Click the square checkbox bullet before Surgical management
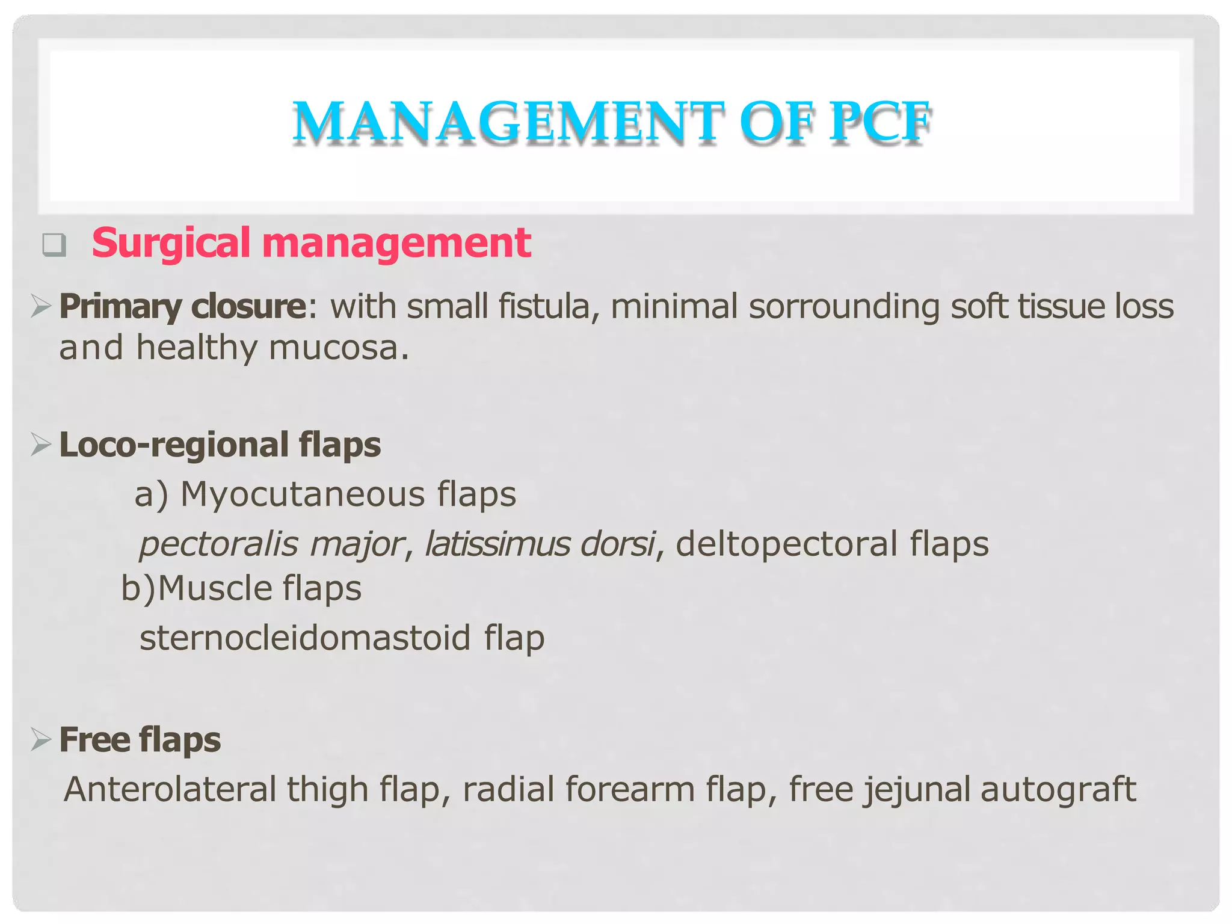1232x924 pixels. click(54, 245)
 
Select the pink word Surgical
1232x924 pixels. click(171, 244)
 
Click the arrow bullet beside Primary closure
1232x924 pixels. click(41, 306)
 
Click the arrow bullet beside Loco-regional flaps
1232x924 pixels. click(41, 445)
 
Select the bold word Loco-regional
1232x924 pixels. click(174, 445)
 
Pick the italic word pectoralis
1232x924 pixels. click(218, 544)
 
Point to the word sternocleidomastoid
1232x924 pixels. click(305, 638)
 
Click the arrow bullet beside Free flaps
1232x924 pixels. click(41, 739)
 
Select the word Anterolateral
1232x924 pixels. click(170, 789)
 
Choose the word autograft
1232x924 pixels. click(1058, 789)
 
